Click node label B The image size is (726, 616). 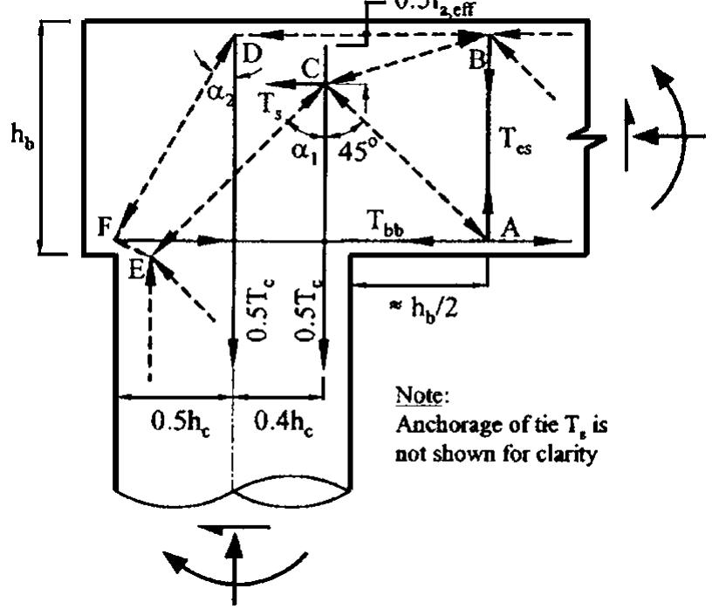coord(476,59)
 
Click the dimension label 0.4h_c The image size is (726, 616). coord(277,423)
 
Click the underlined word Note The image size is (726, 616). coord(416,396)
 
